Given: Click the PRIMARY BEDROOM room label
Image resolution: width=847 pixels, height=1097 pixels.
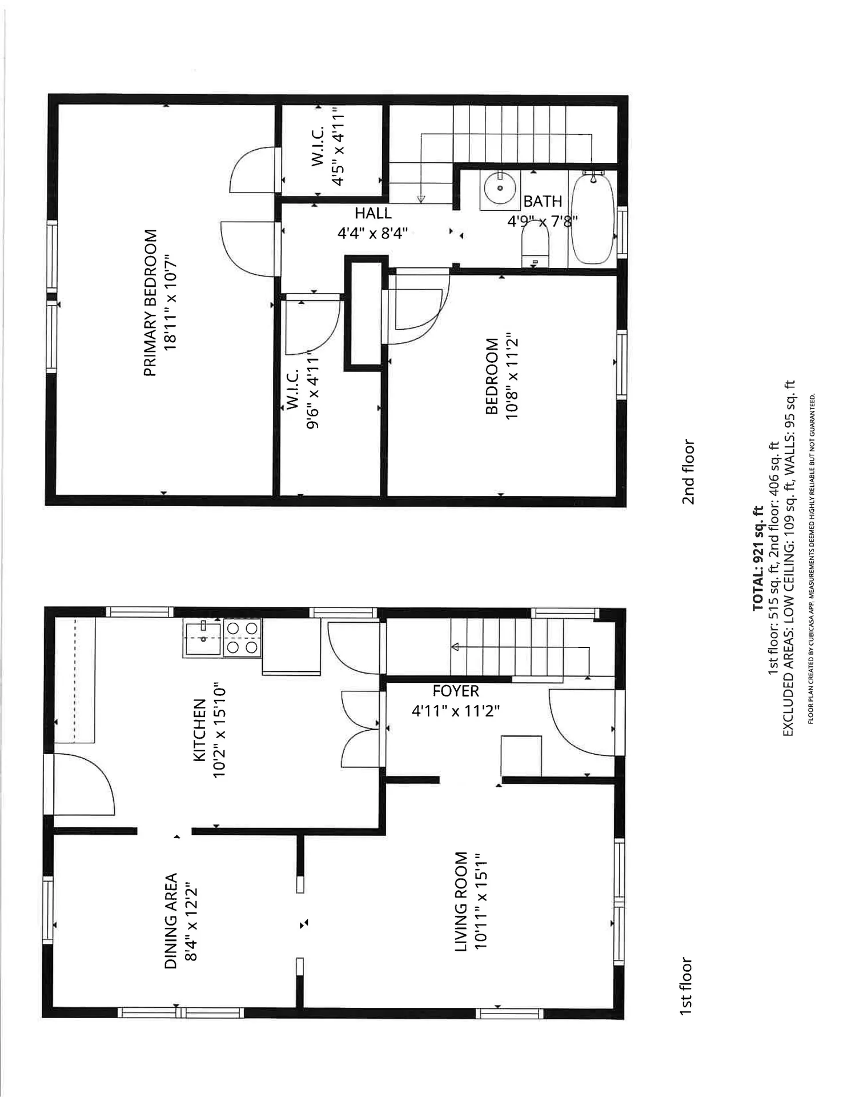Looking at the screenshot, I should [150, 303].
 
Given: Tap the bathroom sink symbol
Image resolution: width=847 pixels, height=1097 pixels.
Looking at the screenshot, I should [500, 188].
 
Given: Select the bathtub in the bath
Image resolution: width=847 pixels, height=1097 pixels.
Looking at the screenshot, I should [593, 219].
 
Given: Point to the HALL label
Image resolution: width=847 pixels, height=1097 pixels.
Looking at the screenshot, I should [373, 214].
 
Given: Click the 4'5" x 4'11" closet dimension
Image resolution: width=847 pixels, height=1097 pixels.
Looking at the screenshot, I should [338, 147].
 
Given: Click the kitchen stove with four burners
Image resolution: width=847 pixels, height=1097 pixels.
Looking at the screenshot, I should [242, 638].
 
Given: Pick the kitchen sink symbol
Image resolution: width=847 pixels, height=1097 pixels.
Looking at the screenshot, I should [203, 638].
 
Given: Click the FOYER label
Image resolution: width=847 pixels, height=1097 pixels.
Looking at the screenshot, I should [455, 691].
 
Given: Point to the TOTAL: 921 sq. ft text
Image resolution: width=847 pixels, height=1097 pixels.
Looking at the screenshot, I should [757, 558].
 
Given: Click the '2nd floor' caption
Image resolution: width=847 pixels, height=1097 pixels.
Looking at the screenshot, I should [688, 472].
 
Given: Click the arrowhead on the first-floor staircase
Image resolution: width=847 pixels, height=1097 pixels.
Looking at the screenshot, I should [455, 647].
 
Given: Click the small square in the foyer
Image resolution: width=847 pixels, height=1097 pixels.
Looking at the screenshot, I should [521, 755].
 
